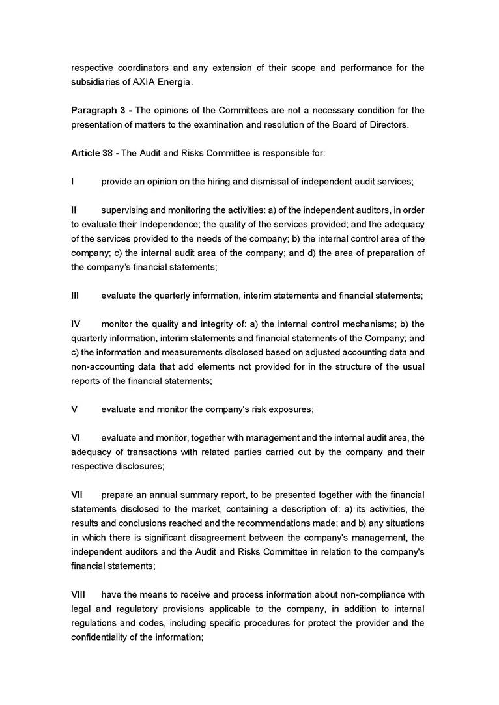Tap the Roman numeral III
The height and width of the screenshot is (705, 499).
tap(75, 296)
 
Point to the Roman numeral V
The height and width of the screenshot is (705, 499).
tap(74, 409)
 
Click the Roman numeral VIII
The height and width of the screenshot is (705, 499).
tap(78, 594)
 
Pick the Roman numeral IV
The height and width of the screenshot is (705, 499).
tap(76, 324)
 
